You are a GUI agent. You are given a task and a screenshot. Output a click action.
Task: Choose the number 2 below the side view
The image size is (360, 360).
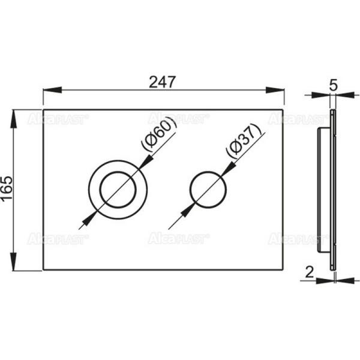click(309, 272)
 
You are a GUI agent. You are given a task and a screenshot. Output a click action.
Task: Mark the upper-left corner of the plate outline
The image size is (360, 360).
click(44, 110)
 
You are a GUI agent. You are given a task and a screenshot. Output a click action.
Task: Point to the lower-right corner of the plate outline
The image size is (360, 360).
click(284, 270)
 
